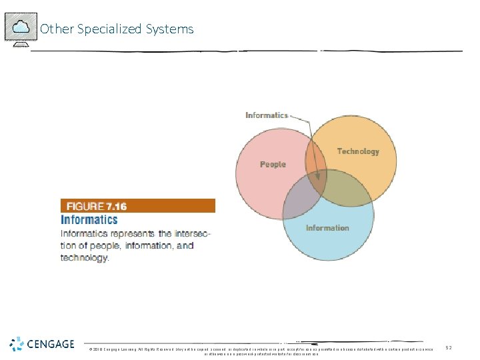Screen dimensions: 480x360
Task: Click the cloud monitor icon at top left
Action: click(x=21, y=28)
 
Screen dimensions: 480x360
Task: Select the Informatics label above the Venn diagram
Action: click(x=267, y=115)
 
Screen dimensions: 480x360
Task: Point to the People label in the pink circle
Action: click(x=273, y=164)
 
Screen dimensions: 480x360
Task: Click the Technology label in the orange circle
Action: click(x=358, y=151)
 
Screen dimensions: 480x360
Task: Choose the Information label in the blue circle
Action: click(x=327, y=228)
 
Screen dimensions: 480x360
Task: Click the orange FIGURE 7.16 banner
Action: click(x=138, y=205)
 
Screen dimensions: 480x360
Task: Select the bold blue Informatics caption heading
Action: click(x=89, y=219)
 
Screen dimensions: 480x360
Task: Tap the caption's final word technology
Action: click(x=84, y=257)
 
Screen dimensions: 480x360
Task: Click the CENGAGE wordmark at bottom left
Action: click(x=51, y=344)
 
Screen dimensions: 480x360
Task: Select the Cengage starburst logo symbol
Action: click(x=17, y=344)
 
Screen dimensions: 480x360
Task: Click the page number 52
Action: click(x=449, y=348)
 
